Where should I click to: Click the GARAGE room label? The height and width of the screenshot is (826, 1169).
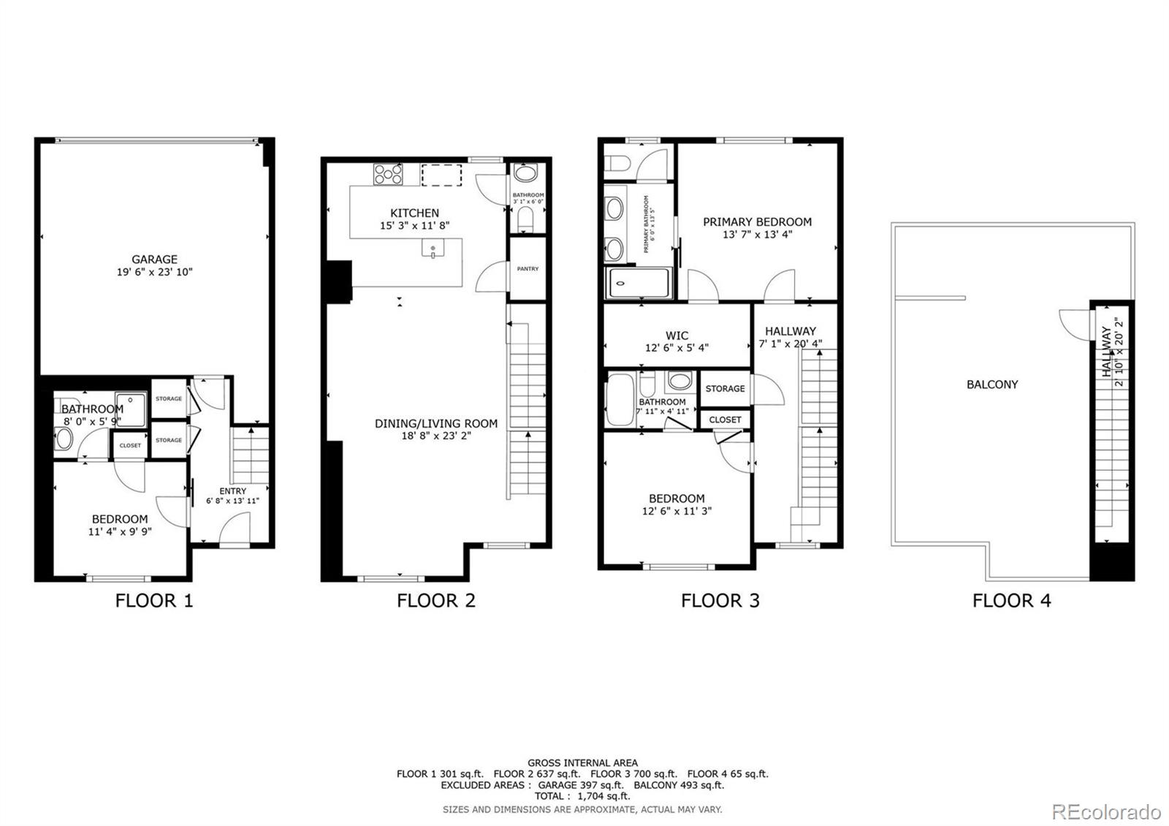click(154, 259)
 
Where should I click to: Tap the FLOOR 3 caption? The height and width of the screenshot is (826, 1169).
click(720, 601)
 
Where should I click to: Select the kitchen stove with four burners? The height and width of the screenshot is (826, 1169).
click(388, 174)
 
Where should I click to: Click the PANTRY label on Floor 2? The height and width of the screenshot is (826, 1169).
click(528, 269)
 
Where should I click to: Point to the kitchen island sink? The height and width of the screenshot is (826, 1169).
click(433, 249)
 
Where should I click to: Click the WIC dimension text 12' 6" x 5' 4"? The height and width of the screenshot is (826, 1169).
click(677, 348)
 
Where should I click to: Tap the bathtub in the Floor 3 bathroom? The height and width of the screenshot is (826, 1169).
click(620, 400)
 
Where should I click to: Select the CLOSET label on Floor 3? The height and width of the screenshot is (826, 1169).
click(725, 420)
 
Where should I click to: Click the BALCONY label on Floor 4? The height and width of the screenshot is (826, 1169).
click(991, 384)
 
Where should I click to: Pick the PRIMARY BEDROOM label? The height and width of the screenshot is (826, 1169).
click(757, 221)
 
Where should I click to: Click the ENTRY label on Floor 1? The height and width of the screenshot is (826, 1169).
click(232, 490)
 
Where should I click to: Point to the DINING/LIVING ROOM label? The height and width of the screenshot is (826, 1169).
click(435, 423)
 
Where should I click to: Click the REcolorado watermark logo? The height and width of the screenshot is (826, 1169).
click(1105, 811)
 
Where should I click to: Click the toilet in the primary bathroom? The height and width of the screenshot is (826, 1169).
click(616, 162)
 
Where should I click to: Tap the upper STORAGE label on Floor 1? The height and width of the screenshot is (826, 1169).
click(169, 398)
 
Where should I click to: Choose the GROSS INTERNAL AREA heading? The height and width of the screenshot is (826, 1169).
click(582, 762)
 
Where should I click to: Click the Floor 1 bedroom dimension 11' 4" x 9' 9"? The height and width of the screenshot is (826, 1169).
click(120, 532)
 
